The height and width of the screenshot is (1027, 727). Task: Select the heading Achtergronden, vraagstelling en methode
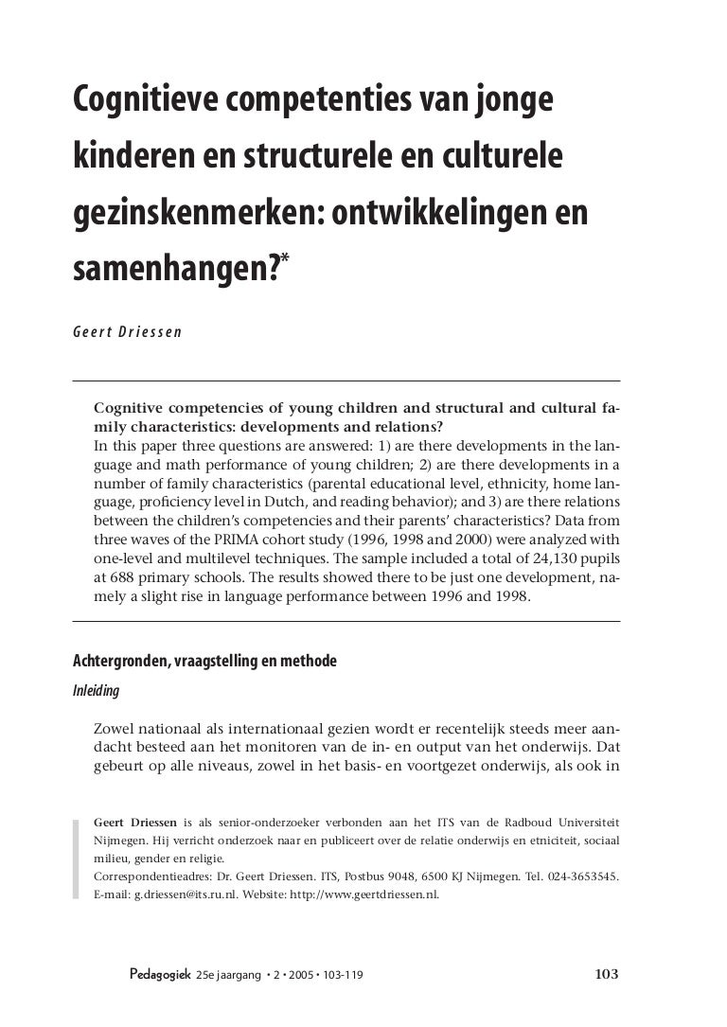point(204,661)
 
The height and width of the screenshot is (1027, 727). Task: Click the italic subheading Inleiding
point(97,691)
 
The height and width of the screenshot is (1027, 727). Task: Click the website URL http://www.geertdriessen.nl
point(368,894)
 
